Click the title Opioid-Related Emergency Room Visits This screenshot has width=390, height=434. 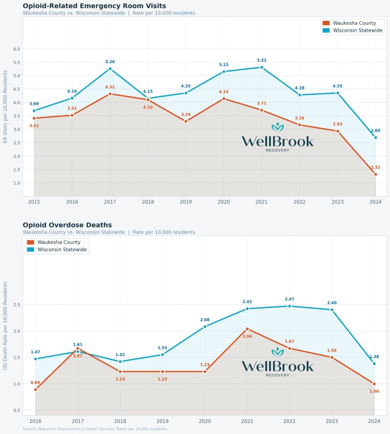coord(94,6)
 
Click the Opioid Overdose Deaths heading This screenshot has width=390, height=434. coord(67,225)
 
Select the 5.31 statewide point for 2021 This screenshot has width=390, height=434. coord(262,67)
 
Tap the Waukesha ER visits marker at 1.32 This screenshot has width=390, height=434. coord(375,174)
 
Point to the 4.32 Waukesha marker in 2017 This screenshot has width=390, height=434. coord(110,94)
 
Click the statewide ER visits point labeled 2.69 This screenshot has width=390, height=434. coord(375,137)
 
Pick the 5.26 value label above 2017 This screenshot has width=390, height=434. coord(110,62)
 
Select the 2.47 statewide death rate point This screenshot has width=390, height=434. coord(290,306)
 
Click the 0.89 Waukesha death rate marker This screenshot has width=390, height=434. coord(36,389)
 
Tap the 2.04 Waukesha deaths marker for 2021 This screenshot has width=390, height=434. coord(247,329)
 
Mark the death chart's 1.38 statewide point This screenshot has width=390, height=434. coord(374,364)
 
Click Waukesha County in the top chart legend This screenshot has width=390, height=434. coord(355,23)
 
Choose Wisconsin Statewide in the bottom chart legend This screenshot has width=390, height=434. coord(62,250)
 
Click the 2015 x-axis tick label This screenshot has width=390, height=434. coord(34,202)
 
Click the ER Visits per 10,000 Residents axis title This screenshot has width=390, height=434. coord(5,107)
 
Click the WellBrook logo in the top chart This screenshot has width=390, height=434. coord(278,138)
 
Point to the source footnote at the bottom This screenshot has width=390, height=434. coord(95,429)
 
